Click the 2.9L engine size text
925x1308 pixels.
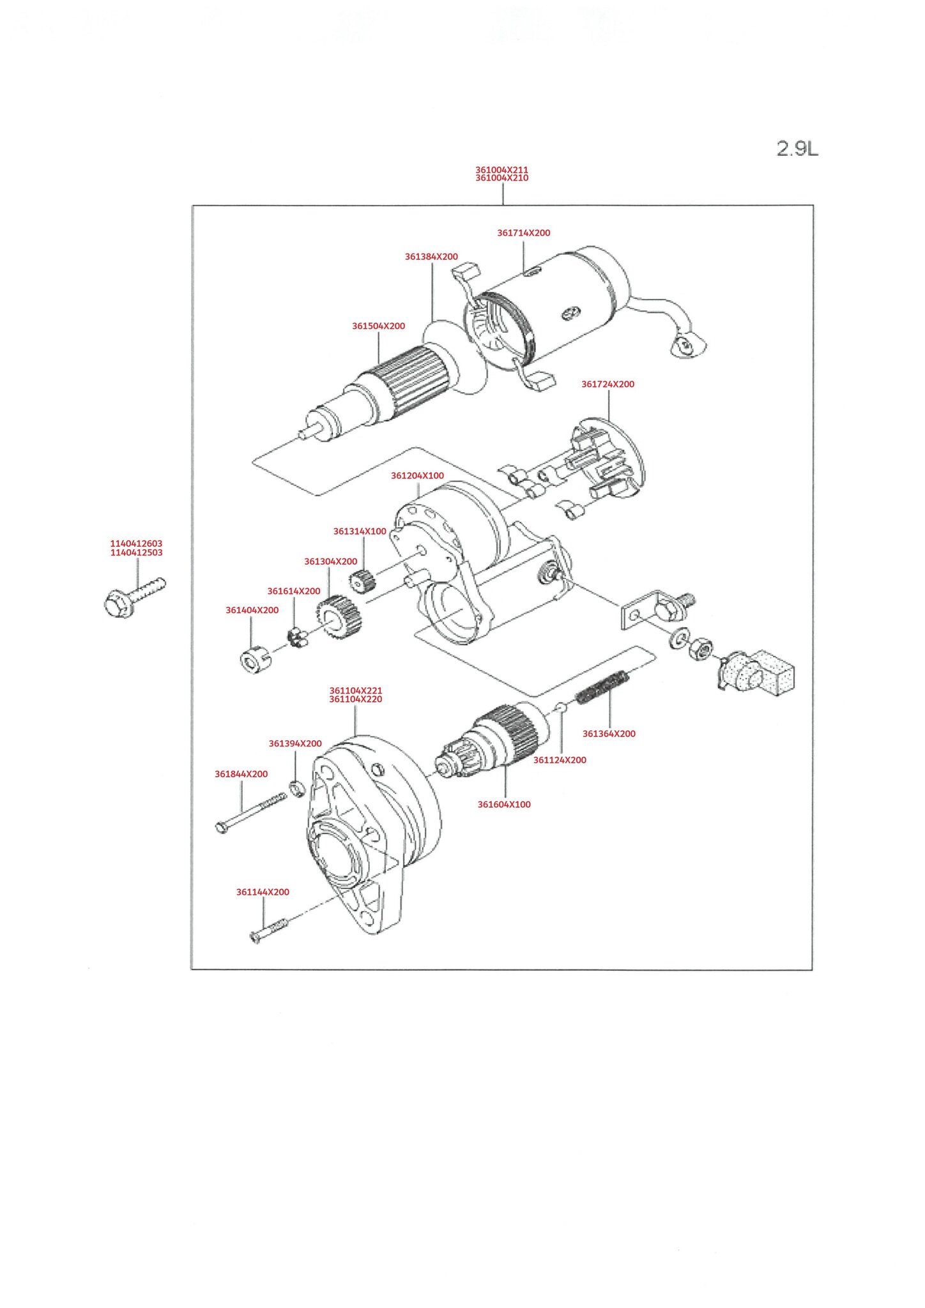pyautogui.click(x=797, y=149)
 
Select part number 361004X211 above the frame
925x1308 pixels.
pyautogui.click(x=501, y=170)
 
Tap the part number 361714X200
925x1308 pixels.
pyautogui.click(x=523, y=233)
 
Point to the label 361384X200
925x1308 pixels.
pyautogui.click(x=431, y=257)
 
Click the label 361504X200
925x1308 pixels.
pyautogui.click(x=378, y=326)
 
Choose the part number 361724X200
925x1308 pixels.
pyautogui.click(x=608, y=384)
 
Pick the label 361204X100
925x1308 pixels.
pyautogui.click(x=417, y=476)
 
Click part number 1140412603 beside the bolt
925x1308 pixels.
pyautogui.click(x=136, y=544)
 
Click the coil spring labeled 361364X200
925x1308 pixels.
pyautogui.click(x=602, y=688)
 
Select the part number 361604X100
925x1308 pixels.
pyautogui.click(x=504, y=805)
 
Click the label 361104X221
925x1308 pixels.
pyautogui.click(x=356, y=690)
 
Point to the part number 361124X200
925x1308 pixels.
pyautogui.click(x=560, y=760)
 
